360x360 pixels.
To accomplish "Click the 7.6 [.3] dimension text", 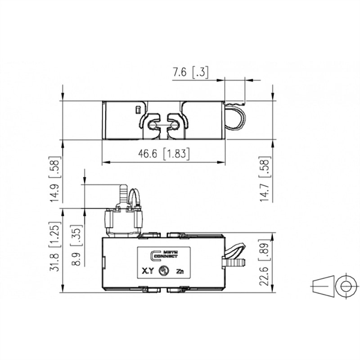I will [x=190, y=72].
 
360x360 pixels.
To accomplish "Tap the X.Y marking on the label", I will [x=148, y=271].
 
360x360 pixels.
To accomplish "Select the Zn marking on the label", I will [x=180, y=271].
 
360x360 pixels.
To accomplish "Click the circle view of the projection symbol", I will [x=346, y=286].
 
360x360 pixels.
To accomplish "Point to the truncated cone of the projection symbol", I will [x=323, y=286].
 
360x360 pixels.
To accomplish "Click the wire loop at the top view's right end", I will [x=236, y=117].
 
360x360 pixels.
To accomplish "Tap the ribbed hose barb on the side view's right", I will [x=235, y=261].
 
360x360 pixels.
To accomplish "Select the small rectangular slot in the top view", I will [x=138, y=109].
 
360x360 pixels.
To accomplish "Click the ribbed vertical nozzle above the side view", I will [x=122, y=194].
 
